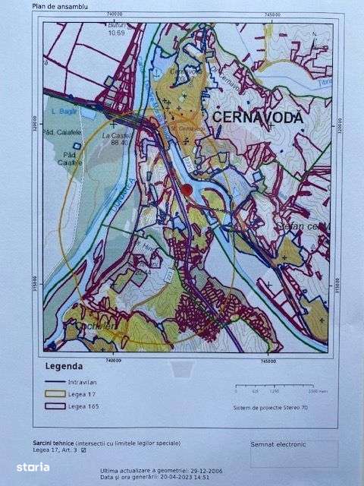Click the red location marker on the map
[187, 190]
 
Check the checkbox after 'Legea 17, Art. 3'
[84, 450]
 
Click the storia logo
[28, 465]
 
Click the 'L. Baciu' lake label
[61, 112]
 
